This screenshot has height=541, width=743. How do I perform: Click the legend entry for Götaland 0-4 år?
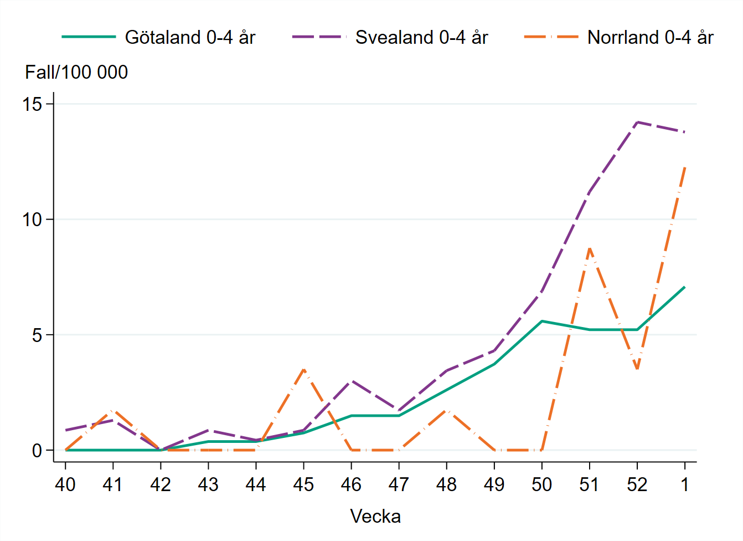(x=189, y=37)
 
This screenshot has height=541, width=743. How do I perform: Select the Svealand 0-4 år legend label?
(x=421, y=37)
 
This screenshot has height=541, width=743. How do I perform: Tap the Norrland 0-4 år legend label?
(x=650, y=37)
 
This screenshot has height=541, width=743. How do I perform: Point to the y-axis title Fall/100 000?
(x=76, y=72)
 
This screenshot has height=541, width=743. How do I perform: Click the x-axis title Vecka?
(x=375, y=517)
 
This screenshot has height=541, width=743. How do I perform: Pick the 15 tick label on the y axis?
(x=33, y=104)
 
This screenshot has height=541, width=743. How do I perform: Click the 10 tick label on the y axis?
(x=33, y=220)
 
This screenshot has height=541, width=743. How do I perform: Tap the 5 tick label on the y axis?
(x=37, y=335)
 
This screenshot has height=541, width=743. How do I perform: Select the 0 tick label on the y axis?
(x=37, y=451)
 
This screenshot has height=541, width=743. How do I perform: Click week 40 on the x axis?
(x=65, y=485)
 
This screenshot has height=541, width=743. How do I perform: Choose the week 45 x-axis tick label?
(x=303, y=485)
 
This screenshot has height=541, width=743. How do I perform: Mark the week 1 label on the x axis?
(x=685, y=485)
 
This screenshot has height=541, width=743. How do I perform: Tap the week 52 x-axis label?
(x=637, y=485)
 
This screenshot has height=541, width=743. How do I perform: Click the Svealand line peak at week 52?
(x=637, y=122)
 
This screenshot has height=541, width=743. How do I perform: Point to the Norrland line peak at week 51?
(x=590, y=248)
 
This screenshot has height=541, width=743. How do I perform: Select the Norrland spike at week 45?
(x=303, y=369)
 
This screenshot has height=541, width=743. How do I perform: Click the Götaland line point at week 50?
(x=542, y=321)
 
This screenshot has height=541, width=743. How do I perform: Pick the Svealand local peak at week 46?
(x=351, y=381)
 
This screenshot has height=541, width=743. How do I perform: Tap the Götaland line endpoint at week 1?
(x=685, y=287)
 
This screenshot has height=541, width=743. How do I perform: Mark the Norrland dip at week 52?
(x=637, y=369)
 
